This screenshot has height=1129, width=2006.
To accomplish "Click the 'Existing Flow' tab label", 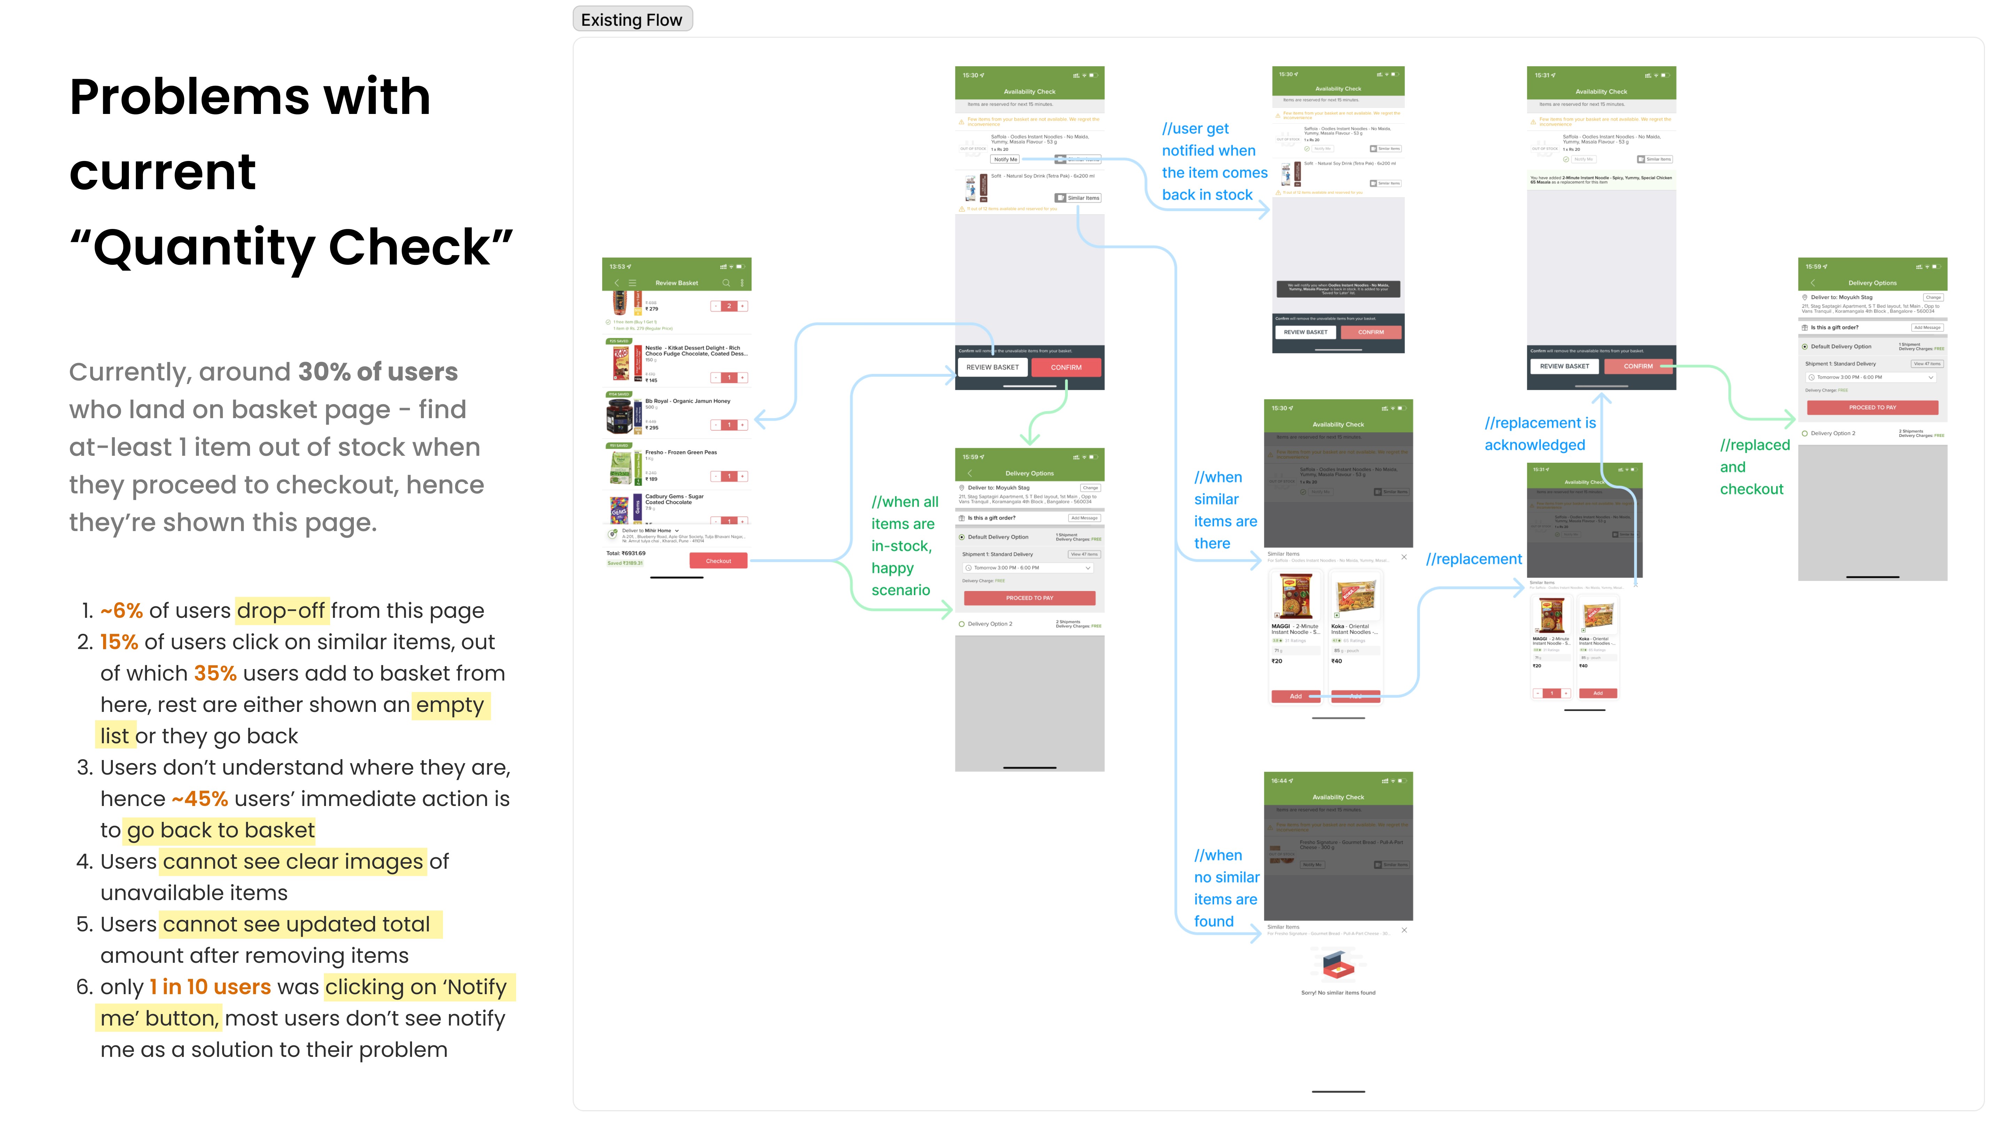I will tap(631, 20).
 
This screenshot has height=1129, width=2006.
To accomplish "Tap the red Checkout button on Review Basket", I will tap(718, 561).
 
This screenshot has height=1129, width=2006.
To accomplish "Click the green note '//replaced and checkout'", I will tap(1754, 467).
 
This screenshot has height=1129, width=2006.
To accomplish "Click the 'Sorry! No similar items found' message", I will tap(1338, 993).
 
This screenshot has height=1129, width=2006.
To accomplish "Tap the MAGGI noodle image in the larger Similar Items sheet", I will tap(1295, 596).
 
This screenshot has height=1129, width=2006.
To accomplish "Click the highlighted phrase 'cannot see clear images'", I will tap(293, 862).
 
